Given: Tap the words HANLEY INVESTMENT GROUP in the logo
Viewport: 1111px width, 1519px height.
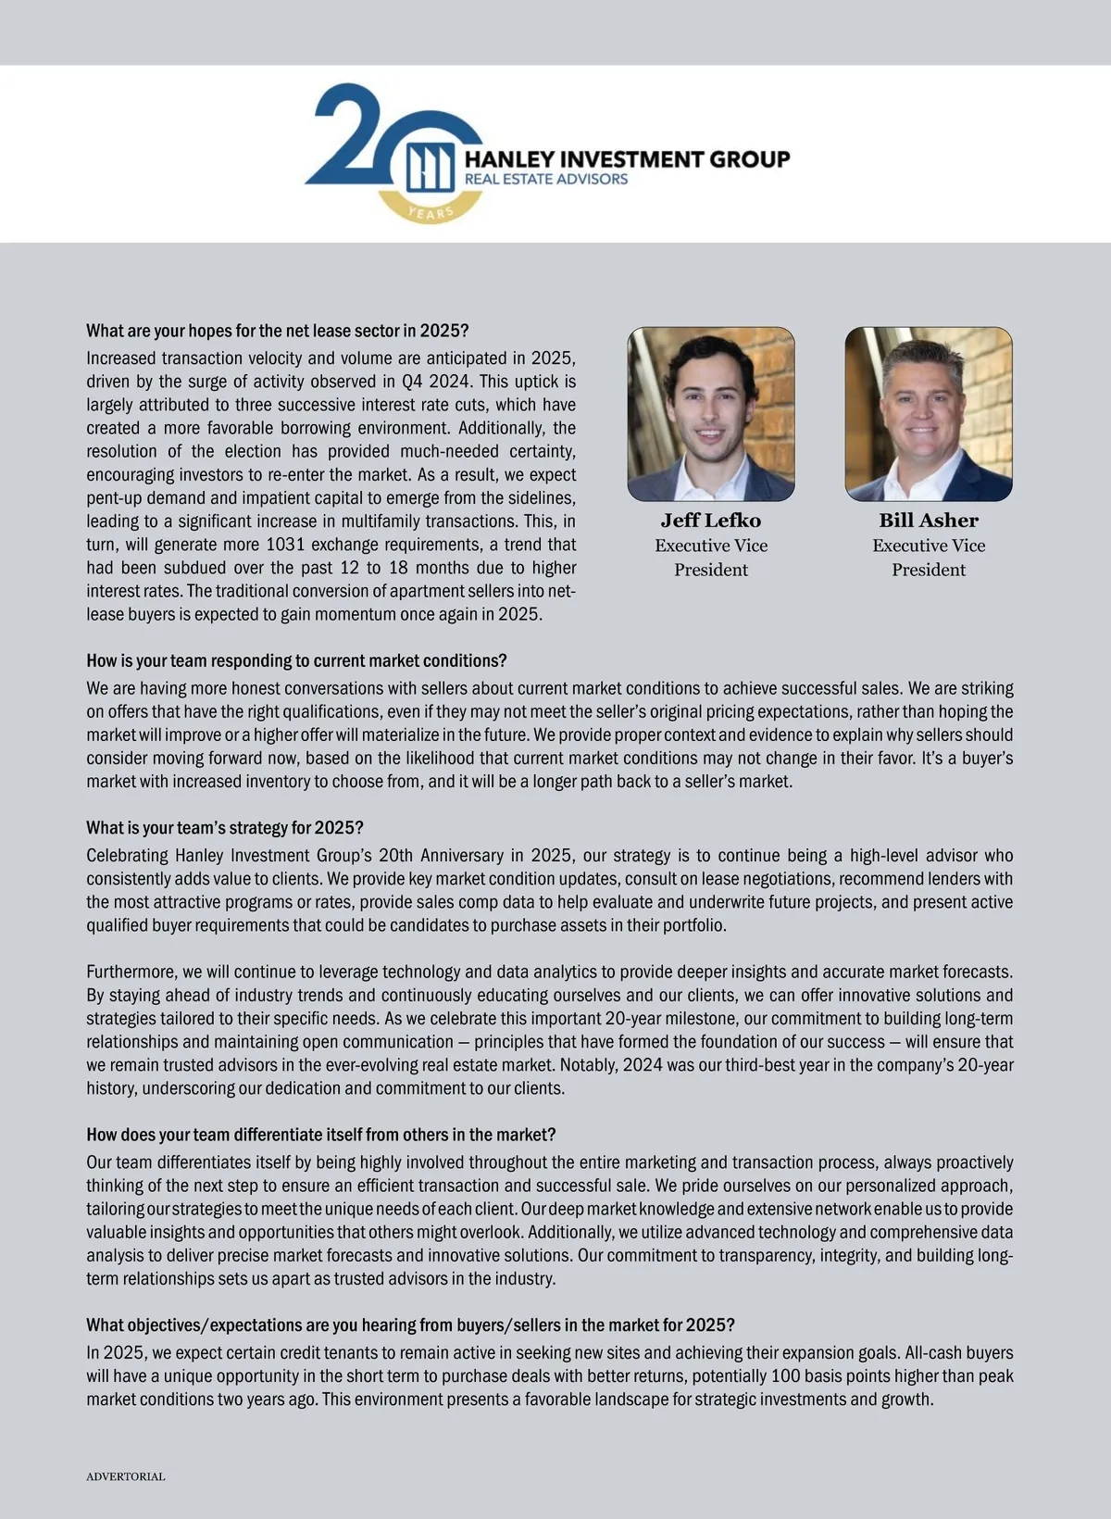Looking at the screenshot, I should click(x=627, y=159).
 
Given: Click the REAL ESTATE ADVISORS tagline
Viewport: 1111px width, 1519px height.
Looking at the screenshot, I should click(x=545, y=179).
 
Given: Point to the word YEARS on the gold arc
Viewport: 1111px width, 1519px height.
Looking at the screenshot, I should click(x=431, y=212).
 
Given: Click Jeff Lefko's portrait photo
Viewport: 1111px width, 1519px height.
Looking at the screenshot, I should click(x=711, y=414).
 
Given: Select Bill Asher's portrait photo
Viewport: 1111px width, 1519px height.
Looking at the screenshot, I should click(x=929, y=414).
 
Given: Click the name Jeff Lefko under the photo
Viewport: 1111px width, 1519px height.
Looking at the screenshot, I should click(x=711, y=521).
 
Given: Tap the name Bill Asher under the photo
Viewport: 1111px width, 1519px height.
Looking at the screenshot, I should click(x=929, y=521).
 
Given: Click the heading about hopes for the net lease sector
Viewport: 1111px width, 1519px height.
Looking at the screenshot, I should click(x=278, y=331).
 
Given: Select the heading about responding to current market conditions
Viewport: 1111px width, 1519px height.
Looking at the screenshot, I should click(x=296, y=660).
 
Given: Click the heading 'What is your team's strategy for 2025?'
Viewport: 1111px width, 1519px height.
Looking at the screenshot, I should click(x=225, y=827).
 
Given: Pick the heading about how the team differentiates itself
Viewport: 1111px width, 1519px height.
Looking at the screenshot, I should click(x=321, y=1135).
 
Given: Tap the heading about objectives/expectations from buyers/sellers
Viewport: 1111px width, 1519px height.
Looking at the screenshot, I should click(x=410, y=1324).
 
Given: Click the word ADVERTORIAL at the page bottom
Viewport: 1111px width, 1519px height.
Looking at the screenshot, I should click(x=126, y=1476).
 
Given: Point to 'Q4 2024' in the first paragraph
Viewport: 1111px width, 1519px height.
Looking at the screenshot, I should click(x=435, y=382).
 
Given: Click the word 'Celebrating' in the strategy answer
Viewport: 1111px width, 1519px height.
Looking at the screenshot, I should click(x=127, y=855).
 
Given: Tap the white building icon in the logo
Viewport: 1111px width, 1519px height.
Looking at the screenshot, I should click(x=430, y=167).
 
